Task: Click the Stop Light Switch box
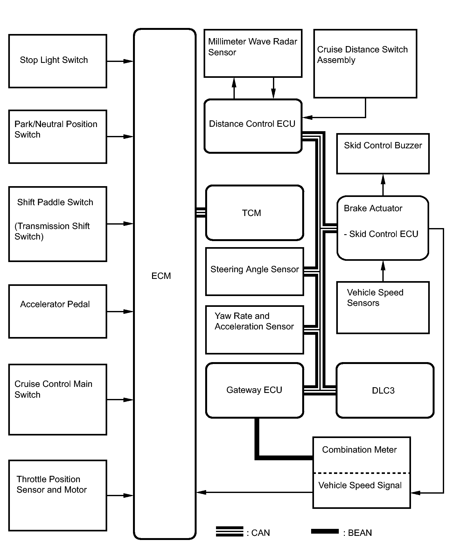point(58,61)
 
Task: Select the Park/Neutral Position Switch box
point(58,137)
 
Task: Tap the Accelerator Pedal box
point(58,311)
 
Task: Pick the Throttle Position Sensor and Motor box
point(58,495)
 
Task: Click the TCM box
point(254,213)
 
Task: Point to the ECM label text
point(161,276)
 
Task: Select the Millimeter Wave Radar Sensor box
point(253,53)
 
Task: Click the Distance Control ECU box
point(253,126)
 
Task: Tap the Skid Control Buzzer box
point(383,154)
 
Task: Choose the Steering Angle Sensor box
point(254,272)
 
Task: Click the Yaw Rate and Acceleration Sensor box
point(254,330)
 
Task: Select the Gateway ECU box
point(254,390)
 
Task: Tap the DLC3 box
point(385,390)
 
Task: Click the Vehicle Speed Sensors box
point(383,307)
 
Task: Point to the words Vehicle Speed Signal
point(360,485)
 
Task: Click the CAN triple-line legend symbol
point(229,531)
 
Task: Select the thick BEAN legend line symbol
point(325,531)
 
